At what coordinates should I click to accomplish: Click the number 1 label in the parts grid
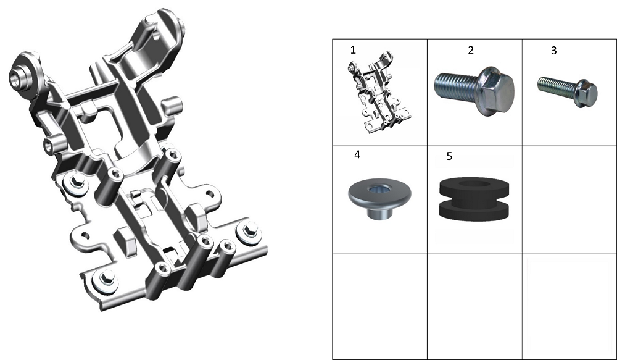353,50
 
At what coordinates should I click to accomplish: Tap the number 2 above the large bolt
471,51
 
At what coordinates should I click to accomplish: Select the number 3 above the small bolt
553,51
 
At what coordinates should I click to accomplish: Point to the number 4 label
357,154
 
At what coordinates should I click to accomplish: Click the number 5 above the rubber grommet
449,156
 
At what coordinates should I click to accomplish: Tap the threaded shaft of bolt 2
457,87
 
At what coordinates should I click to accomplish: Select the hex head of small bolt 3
586,93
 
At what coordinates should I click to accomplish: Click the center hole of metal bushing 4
379,190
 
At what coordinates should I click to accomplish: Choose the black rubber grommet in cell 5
474,199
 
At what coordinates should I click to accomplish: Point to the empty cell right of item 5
569,199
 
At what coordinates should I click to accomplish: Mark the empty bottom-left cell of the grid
379,306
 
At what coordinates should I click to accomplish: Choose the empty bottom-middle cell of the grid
474,306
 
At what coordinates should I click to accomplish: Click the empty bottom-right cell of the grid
569,306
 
